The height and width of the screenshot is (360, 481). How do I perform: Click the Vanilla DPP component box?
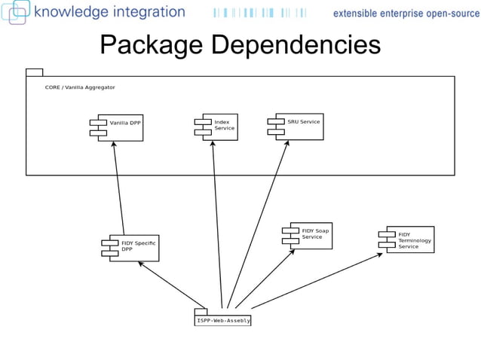120,127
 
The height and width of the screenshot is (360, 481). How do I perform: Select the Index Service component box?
219,127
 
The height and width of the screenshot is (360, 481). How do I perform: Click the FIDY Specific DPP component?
133,247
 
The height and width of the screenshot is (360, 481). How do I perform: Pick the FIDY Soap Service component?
310,235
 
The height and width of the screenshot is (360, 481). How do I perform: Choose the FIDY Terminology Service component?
409,239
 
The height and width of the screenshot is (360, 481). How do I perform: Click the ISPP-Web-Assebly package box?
222,320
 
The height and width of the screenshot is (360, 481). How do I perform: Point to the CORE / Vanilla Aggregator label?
80,87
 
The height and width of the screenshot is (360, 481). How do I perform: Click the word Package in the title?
152,45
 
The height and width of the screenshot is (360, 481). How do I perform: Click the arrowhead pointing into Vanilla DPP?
114,144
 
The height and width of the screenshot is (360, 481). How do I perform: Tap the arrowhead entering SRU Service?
288,142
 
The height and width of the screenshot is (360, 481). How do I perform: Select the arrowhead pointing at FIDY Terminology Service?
381,254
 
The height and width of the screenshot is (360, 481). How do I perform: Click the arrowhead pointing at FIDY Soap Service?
293,252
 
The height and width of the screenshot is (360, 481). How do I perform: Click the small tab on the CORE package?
34,72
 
